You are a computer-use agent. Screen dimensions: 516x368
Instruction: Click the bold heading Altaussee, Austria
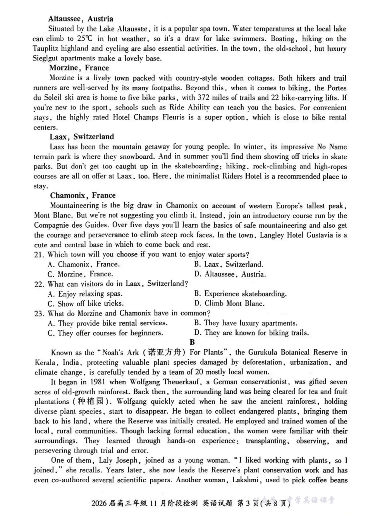[81, 19]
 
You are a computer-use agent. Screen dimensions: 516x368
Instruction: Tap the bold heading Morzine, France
[79, 68]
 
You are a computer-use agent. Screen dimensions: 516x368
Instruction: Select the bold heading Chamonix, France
[83, 195]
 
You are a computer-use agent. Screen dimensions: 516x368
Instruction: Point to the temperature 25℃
[84, 39]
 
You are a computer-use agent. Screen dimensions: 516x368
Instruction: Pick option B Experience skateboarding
[240, 294]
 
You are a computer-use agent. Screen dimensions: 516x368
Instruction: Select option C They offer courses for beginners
[105, 333]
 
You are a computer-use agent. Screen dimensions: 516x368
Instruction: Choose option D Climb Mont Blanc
[229, 303]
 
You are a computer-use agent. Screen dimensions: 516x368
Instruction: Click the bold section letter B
[192, 342]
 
